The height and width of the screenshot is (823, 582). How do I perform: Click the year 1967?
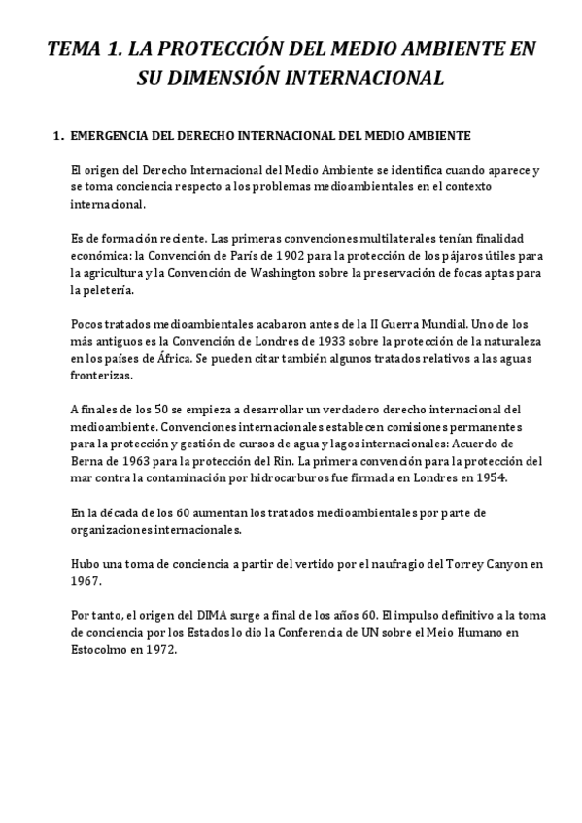click(x=85, y=580)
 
